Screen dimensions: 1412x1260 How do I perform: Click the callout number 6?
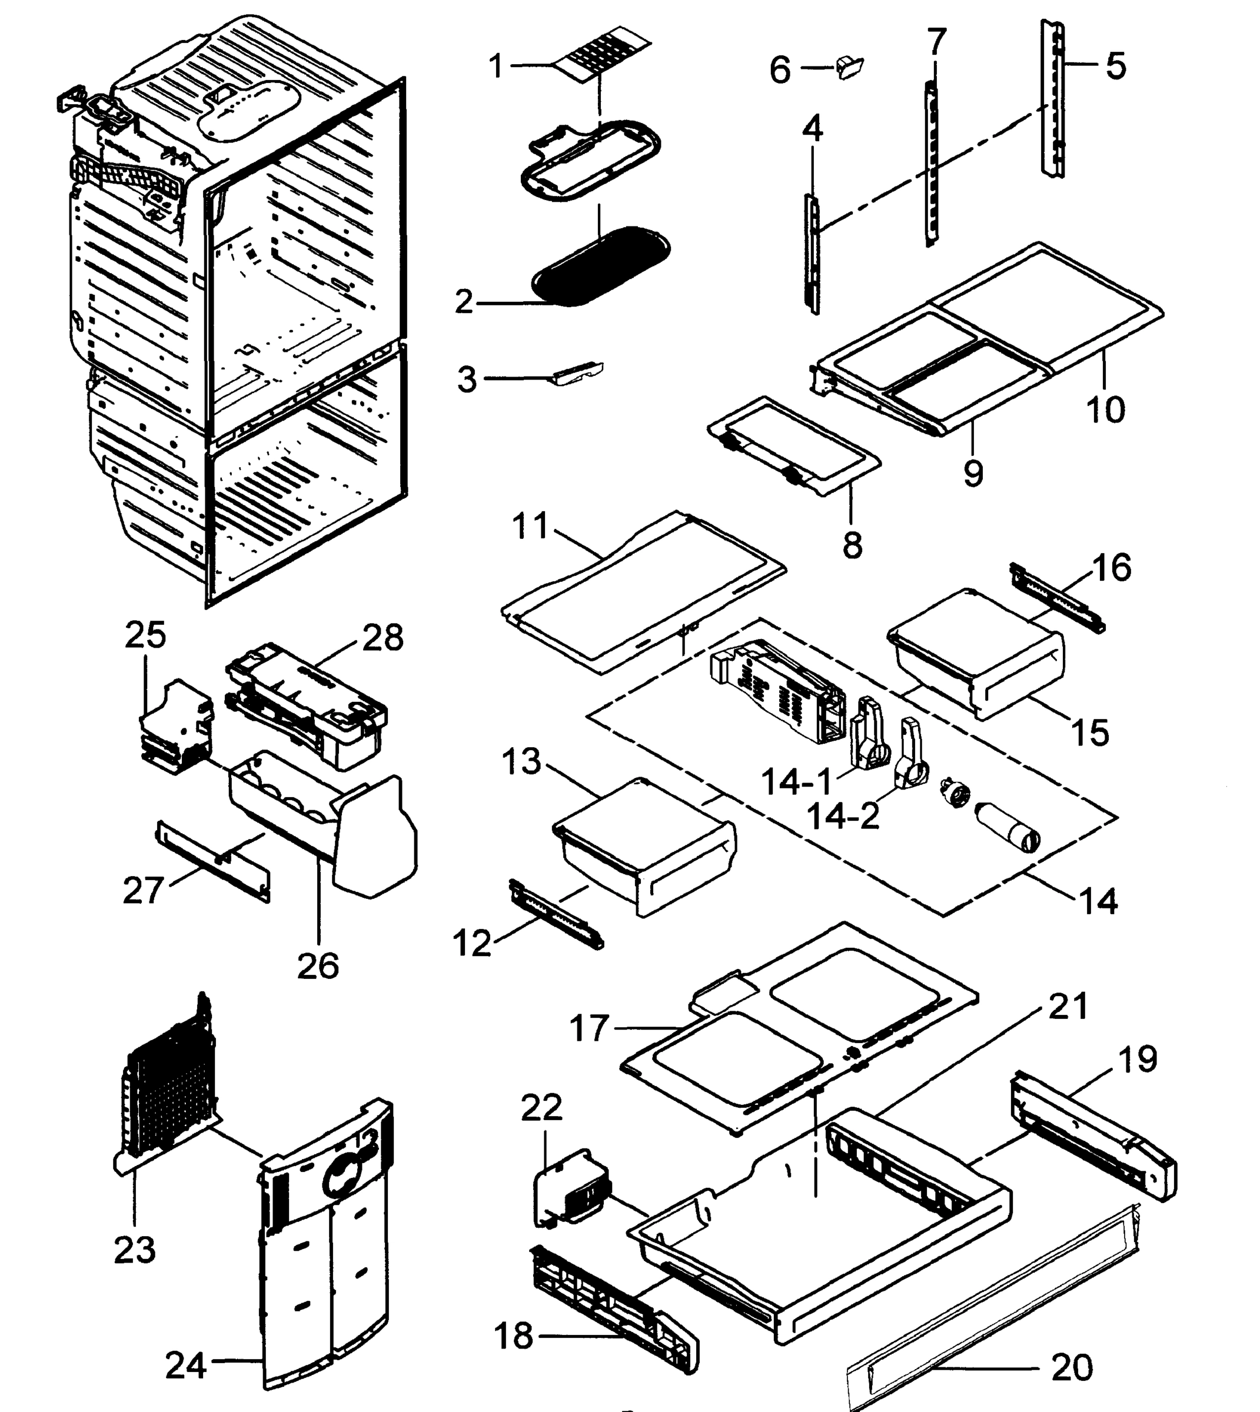(780, 71)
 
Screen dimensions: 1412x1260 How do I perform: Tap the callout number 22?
(541, 1108)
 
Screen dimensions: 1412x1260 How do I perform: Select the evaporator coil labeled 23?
(168, 1080)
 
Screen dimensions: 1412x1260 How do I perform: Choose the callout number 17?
(589, 1028)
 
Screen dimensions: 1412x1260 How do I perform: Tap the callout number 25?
(145, 635)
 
